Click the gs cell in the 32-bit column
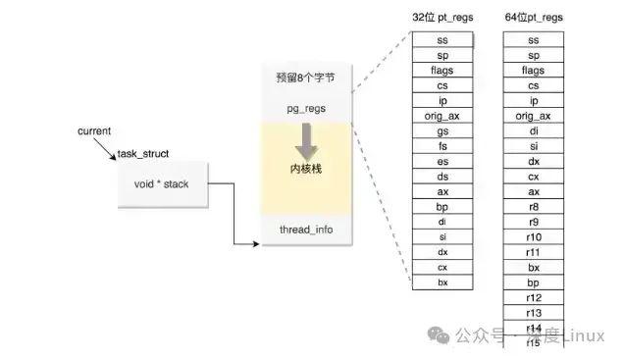[442, 131]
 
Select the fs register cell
[442, 146]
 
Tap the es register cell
[442, 162]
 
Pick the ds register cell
[442, 177]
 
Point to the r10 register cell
[533, 237]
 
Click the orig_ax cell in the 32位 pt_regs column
[442, 116]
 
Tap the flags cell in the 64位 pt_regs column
[533, 71]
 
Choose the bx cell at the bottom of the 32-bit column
[442, 283]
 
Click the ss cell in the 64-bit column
[533, 40]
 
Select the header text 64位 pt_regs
[533, 18]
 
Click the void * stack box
[163, 183]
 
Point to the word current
[94, 130]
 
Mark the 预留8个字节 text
[305, 77]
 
